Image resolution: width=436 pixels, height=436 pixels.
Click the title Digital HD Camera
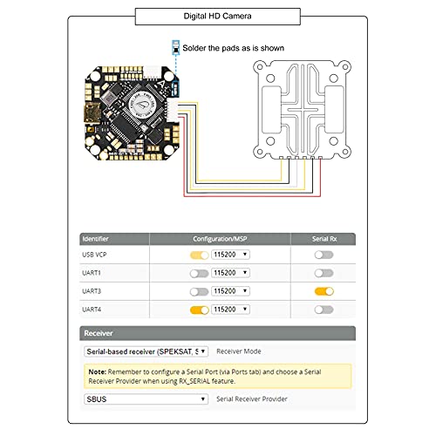point(217,15)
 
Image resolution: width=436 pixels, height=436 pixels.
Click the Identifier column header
point(97,238)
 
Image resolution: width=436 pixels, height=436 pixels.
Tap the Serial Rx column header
point(324,238)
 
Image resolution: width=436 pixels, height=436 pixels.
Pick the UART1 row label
point(92,273)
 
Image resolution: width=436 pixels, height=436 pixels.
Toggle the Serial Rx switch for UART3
point(324,291)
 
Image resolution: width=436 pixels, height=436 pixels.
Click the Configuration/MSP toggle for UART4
point(199,310)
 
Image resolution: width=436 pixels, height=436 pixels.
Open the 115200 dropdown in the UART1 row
point(230,273)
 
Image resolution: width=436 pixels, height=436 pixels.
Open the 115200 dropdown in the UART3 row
point(230,291)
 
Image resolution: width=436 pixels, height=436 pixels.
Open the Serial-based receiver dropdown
point(146,351)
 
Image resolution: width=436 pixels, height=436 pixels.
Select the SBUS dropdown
point(146,399)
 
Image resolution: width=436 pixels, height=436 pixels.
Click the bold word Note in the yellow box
point(97,371)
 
